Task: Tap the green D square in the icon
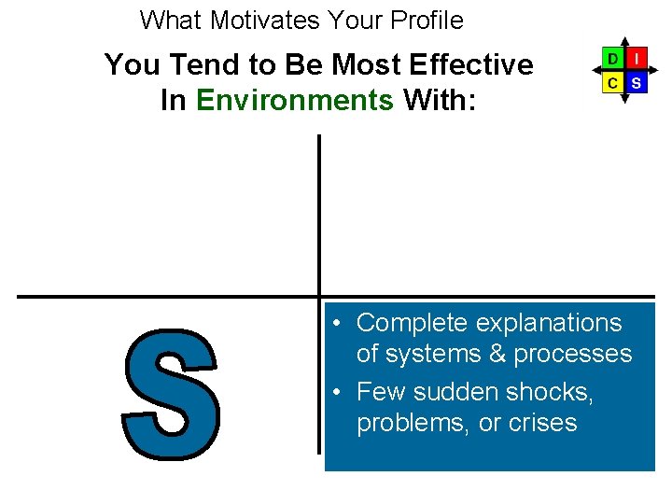click(611, 59)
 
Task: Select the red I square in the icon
click(636, 59)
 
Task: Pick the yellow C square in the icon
click(611, 83)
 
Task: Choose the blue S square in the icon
click(636, 83)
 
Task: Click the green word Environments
click(295, 100)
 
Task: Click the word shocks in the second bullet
click(547, 391)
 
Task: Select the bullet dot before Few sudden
click(341, 392)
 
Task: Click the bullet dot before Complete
click(341, 324)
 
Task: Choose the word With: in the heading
click(439, 100)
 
